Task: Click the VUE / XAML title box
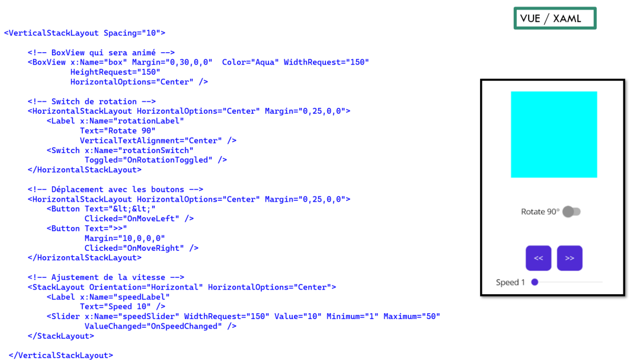click(x=555, y=18)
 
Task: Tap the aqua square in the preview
click(x=554, y=135)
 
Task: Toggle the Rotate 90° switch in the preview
click(x=571, y=212)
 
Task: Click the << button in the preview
click(x=538, y=258)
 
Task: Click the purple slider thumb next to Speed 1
click(x=535, y=282)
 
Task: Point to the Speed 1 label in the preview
click(x=510, y=282)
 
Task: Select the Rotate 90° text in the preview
click(x=540, y=212)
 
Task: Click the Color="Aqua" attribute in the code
click(x=250, y=62)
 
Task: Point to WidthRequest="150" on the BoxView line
click(x=326, y=62)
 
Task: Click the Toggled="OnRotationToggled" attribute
click(x=148, y=160)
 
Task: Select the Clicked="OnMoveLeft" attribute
click(x=132, y=219)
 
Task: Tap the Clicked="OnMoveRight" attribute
click(x=134, y=248)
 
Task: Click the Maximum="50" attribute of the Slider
click(x=412, y=317)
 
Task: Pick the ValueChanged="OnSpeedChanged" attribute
click(x=153, y=326)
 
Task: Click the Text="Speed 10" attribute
click(x=116, y=307)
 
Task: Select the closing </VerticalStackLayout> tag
click(x=61, y=356)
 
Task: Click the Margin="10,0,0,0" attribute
click(x=124, y=238)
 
